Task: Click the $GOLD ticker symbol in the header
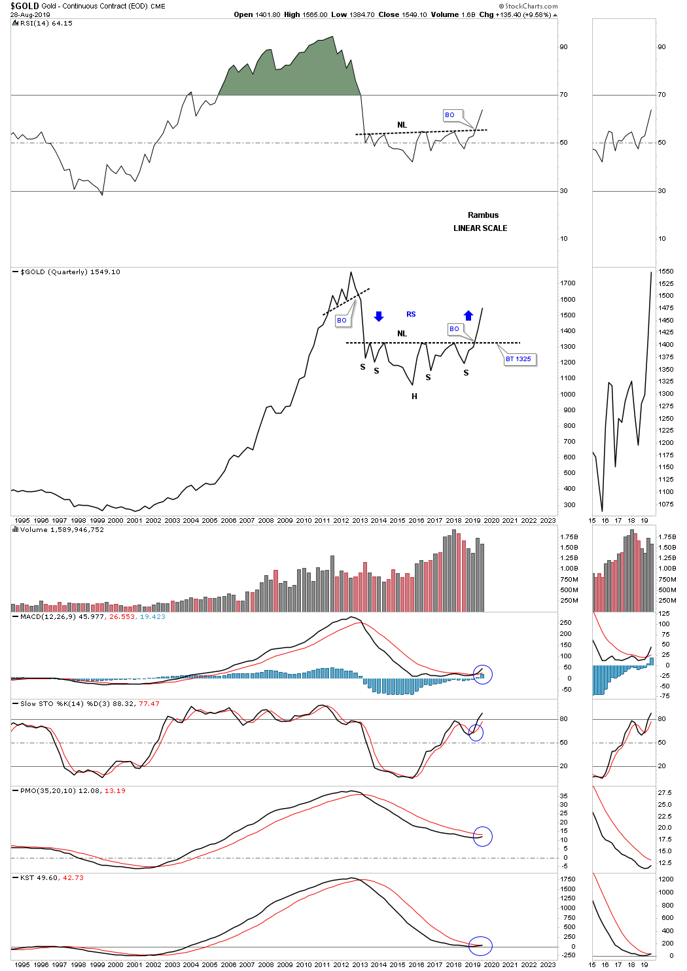coord(24,6)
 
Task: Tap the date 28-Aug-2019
coord(27,14)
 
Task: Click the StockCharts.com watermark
coord(528,6)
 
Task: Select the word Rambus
coord(483,215)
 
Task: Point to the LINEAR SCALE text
coord(480,228)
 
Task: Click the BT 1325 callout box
coord(519,359)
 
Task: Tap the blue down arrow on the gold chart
coord(378,317)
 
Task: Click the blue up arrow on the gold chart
coord(468,315)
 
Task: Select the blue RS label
coord(411,315)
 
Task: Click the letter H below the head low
coord(414,397)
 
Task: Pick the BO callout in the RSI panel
coord(450,115)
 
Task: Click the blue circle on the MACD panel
coord(482,675)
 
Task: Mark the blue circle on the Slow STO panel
coord(476,733)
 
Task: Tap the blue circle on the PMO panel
coord(482,836)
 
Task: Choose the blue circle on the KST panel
coord(481,945)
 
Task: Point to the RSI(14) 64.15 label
coord(46,24)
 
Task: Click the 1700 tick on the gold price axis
coord(567,283)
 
